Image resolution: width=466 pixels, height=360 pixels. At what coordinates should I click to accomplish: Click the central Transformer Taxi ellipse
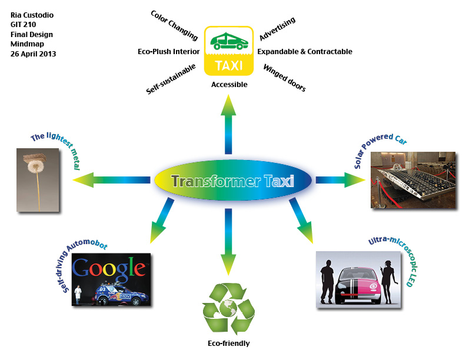pyautogui.click(x=232, y=181)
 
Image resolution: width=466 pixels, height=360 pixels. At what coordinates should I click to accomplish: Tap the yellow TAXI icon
pyautogui.click(x=229, y=51)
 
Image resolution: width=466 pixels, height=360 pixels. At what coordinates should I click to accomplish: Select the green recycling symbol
pyautogui.click(x=228, y=308)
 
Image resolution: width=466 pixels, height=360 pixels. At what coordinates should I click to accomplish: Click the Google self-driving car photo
pyautogui.click(x=111, y=279)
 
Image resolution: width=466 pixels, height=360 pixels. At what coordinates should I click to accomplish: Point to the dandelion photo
pyautogui.click(x=38, y=179)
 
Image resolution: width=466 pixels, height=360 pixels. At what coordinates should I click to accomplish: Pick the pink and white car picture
pyautogui.click(x=355, y=278)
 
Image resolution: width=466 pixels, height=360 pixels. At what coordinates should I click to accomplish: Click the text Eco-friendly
pyautogui.click(x=228, y=344)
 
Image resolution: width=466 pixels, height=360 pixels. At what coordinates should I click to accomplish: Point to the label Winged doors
pyautogui.click(x=284, y=78)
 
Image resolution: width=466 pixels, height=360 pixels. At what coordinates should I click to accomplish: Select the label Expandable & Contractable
pyautogui.click(x=304, y=52)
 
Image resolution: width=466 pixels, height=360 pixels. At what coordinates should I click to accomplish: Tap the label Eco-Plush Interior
pyautogui.click(x=168, y=52)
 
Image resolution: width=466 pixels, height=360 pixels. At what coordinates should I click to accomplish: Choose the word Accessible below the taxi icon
pyautogui.click(x=229, y=85)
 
